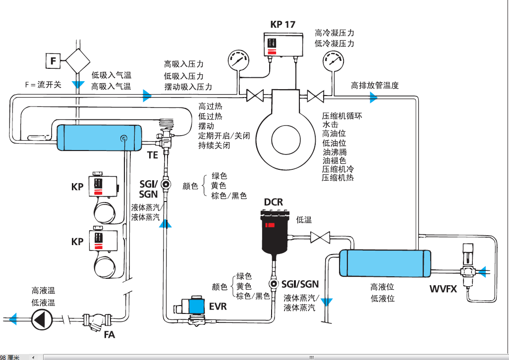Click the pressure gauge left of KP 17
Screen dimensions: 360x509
point(238,61)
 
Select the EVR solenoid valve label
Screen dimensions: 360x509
point(218,307)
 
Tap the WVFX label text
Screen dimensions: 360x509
point(443,289)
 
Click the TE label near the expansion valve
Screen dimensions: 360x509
point(152,155)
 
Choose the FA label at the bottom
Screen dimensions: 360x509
point(109,335)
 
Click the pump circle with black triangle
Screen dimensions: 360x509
point(41,319)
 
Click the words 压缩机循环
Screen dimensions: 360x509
point(342,116)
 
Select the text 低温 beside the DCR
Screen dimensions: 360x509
point(304,220)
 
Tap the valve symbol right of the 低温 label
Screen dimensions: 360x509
point(320,237)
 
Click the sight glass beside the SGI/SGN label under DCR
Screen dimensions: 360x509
point(273,284)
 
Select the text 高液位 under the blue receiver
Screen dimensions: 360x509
point(382,287)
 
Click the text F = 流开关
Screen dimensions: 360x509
point(43,85)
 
